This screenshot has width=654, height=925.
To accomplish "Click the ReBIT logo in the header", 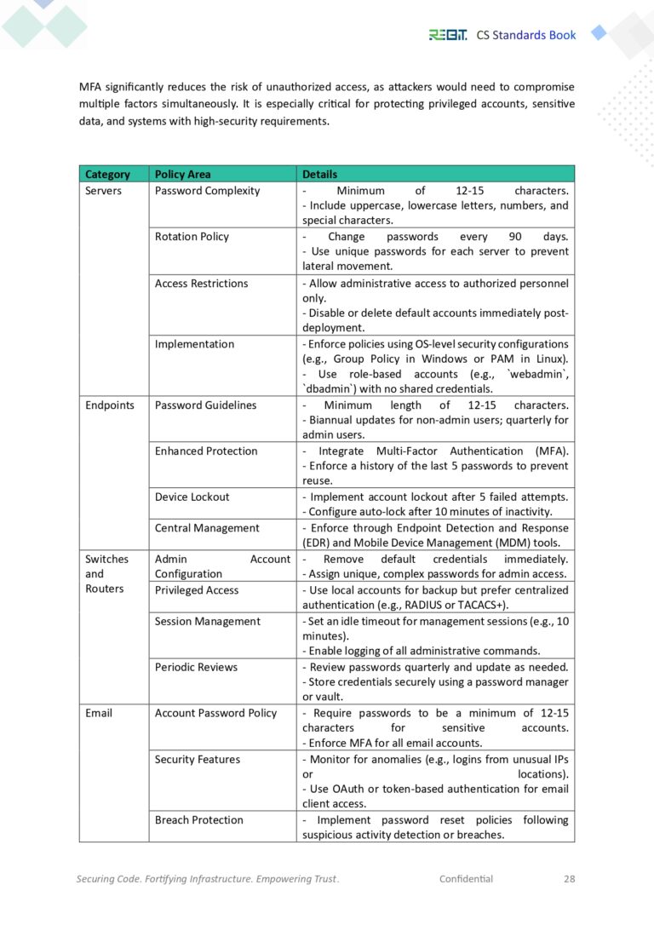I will tap(447, 35).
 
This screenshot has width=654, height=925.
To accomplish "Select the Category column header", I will tap(107, 175).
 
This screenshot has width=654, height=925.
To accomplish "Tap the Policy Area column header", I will tap(182, 175).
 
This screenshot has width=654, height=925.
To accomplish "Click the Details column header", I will tap(319, 175).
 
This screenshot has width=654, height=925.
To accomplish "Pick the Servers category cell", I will tap(103, 191).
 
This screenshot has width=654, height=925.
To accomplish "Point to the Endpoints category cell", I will tap(109, 405).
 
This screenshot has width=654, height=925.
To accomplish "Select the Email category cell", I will tap(99, 713).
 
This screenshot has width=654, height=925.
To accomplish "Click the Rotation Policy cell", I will tap(192, 237).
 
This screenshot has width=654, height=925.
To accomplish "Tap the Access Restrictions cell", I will tap(201, 284).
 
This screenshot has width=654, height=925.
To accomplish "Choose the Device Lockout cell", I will tap(192, 497).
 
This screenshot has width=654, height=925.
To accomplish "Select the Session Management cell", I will tap(207, 621).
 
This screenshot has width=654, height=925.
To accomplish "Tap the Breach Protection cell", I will tap(198, 820).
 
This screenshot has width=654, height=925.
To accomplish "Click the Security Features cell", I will tap(197, 760).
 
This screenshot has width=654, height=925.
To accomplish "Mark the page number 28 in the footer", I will tap(569, 879).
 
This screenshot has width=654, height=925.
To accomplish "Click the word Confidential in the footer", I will tap(466, 879).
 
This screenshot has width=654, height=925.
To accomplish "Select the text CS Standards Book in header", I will tap(525, 35).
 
